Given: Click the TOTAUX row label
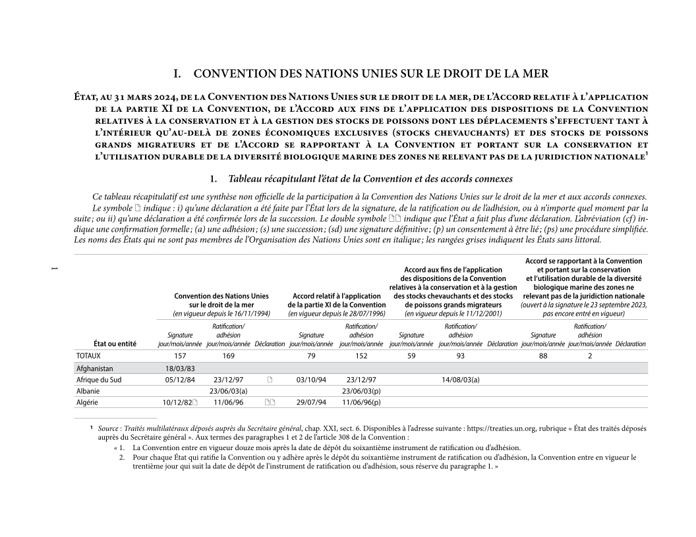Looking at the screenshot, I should pos(88,356).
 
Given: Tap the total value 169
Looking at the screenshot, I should pos(228,356).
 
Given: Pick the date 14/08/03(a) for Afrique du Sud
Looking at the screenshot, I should pos(461,380).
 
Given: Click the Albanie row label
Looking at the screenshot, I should pos(88,391).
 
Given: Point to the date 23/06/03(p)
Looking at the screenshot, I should pos(361,391).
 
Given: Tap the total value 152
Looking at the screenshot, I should pos(361,356).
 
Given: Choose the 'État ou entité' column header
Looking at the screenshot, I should pos(97,344).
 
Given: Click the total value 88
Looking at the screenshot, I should pos(543,356).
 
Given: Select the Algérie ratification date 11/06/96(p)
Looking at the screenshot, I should pos(361,402).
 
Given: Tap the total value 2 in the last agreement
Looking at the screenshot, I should pos(590,356).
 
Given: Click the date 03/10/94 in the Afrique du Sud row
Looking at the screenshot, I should pos(311,380).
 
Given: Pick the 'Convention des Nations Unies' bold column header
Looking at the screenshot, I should pos(221,296).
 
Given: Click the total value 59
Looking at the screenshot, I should pos(411,356).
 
